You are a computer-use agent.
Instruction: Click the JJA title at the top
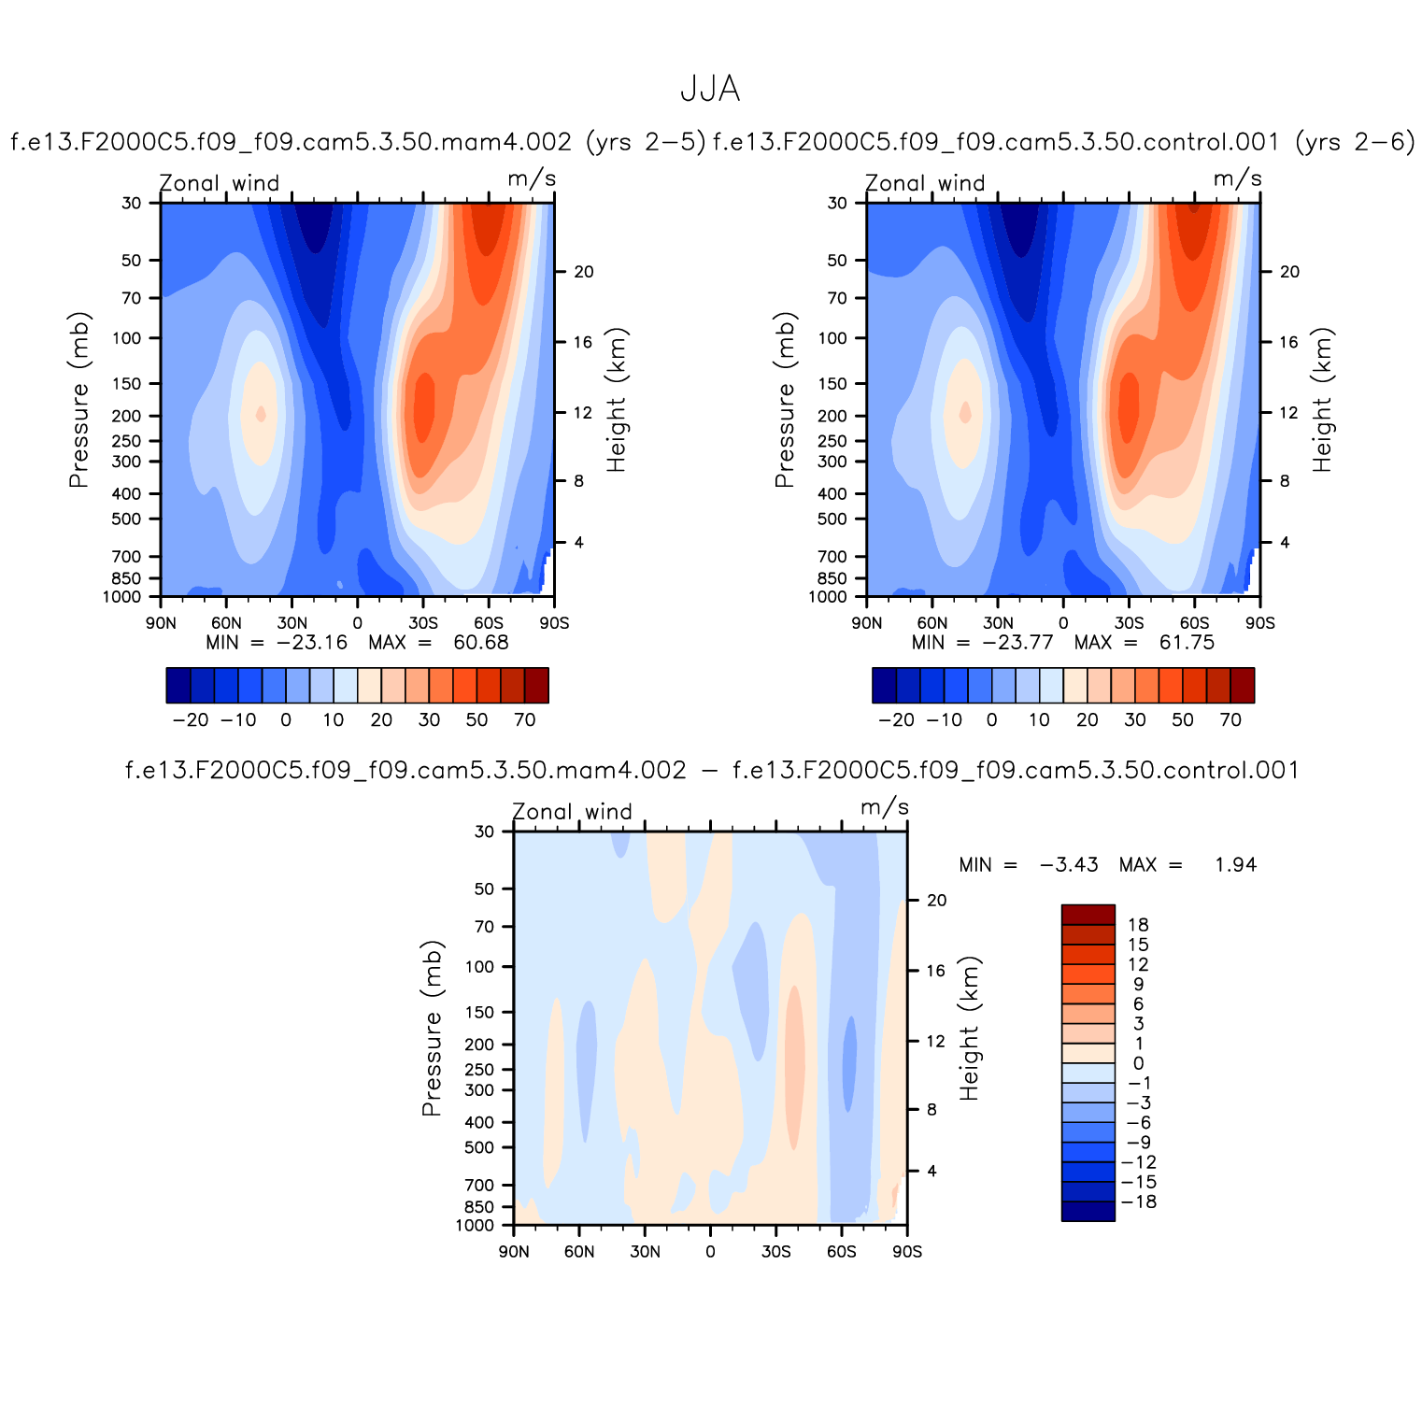710,90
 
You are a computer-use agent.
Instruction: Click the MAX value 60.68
481,643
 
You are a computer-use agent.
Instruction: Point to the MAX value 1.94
1235,865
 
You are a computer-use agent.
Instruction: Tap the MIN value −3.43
1069,865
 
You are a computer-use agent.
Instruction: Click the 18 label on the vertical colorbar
1138,925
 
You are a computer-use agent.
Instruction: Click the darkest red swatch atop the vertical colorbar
1088,915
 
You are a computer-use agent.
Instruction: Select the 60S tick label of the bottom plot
841,1252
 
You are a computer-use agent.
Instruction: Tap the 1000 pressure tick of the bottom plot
475,1226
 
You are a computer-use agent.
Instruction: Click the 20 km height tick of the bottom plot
936,901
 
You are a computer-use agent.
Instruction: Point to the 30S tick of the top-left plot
422,623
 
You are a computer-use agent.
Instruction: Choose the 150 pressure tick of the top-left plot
126,384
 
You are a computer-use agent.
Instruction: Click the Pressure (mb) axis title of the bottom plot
431,1028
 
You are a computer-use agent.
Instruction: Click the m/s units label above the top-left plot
532,179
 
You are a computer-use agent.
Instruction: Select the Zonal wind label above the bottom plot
572,812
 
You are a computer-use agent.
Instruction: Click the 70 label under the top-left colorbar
525,720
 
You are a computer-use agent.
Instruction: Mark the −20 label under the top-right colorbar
897,720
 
